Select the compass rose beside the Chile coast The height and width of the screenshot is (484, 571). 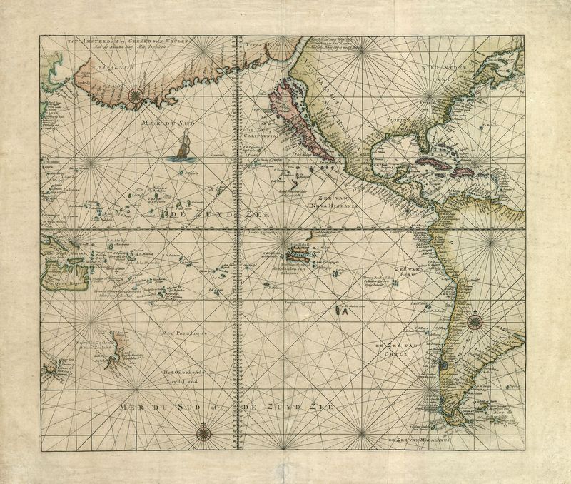point(475,321)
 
